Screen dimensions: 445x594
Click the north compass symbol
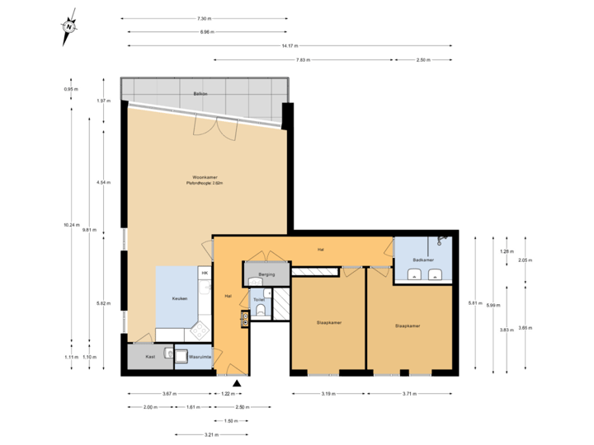click(69, 27)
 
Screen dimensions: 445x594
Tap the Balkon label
click(200, 94)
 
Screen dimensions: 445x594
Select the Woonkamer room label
click(205, 177)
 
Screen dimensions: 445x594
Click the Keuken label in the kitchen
click(179, 298)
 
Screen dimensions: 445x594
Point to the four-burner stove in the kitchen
click(200, 330)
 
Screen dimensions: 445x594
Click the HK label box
click(204, 273)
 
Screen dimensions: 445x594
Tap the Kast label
click(150, 357)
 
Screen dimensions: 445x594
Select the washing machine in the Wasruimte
click(169, 354)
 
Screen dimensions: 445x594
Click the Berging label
click(266, 274)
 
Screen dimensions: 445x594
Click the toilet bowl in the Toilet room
click(261, 311)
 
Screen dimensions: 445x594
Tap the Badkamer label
click(422, 260)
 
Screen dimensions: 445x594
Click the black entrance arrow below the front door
click(238, 382)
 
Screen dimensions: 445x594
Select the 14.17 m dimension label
click(289, 46)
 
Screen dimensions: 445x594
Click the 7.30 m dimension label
click(203, 18)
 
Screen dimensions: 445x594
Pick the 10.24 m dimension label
click(71, 224)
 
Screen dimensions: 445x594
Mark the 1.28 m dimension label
click(507, 251)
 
